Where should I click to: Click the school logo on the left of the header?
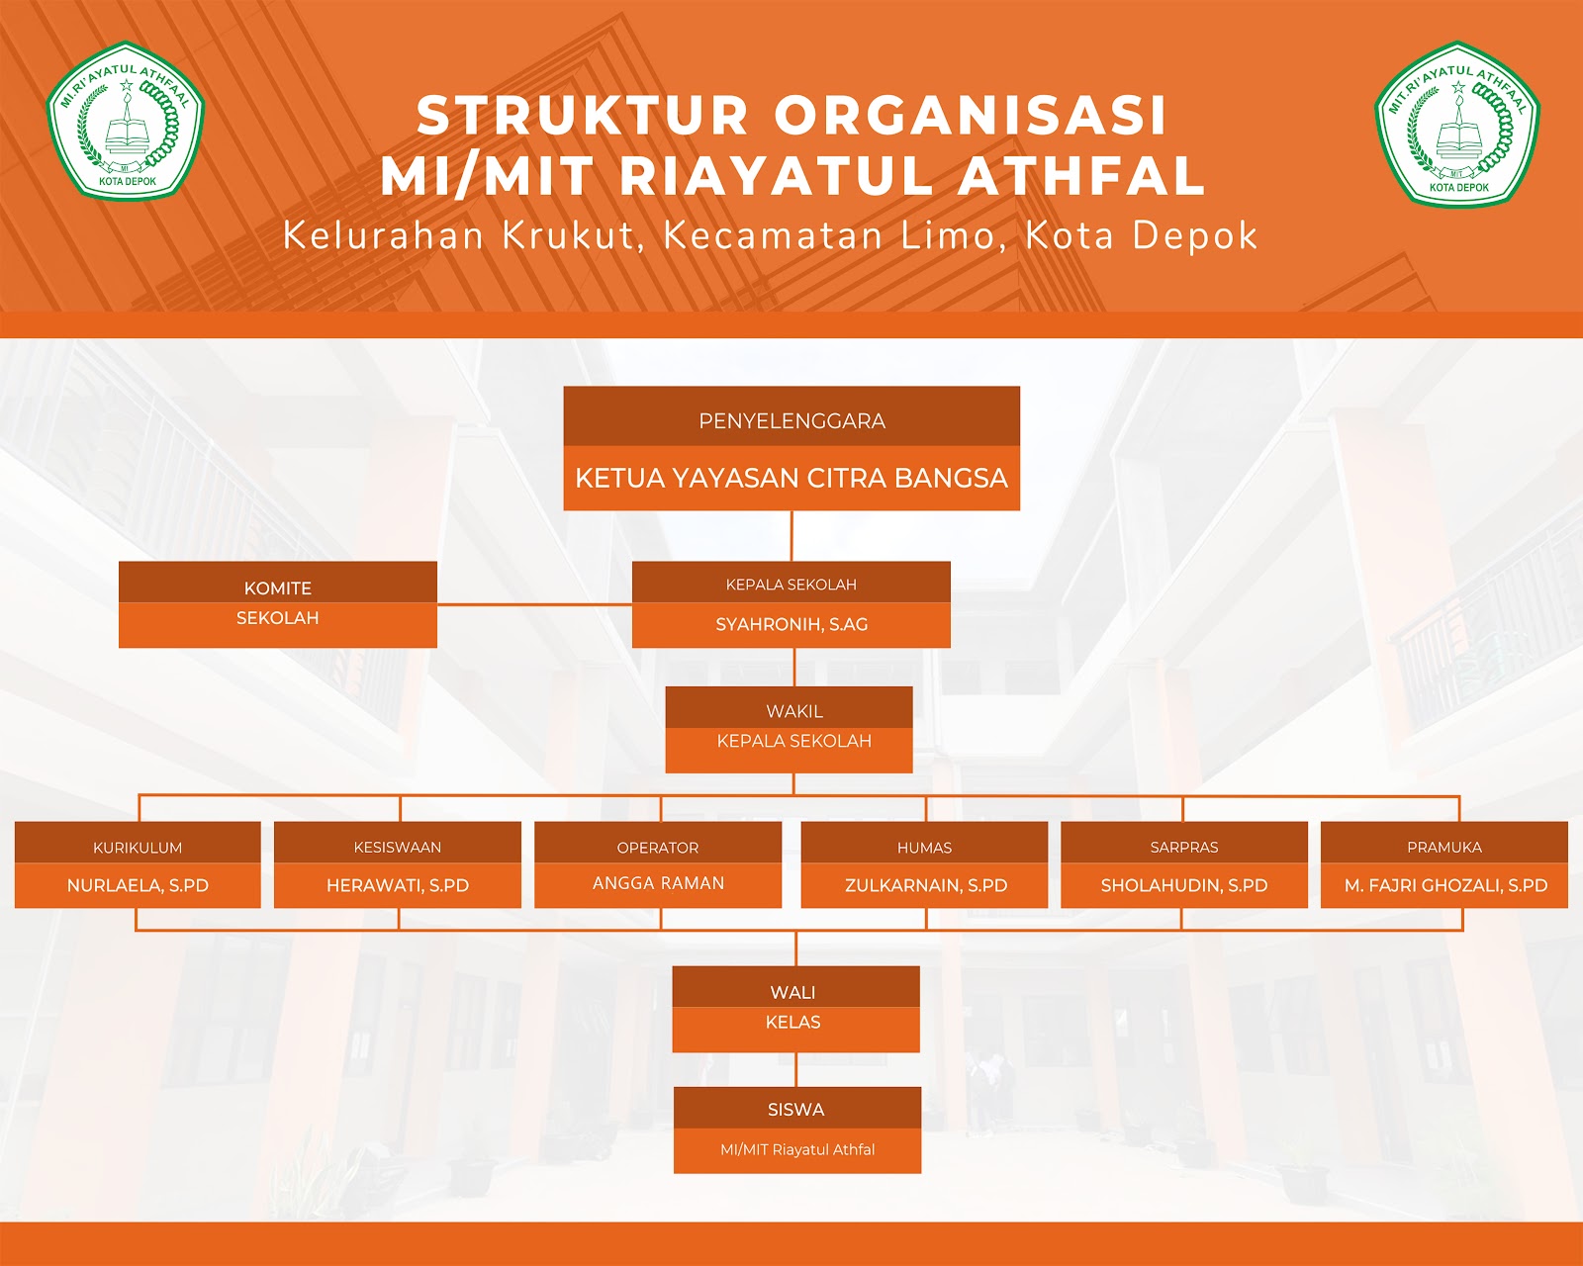click(x=126, y=121)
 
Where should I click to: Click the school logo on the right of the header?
click(x=1457, y=125)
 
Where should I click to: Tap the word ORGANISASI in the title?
click(x=970, y=116)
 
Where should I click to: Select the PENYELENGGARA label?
click(x=791, y=421)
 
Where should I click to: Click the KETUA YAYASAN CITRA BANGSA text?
click(x=791, y=479)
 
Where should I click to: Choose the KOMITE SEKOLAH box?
click(x=278, y=604)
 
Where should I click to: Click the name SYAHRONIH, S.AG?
click(x=791, y=624)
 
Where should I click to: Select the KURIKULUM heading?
click(x=138, y=848)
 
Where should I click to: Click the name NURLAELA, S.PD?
click(x=138, y=885)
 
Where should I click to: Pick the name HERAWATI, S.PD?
click(x=398, y=885)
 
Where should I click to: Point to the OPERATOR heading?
click(x=658, y=848)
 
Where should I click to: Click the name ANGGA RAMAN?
click(x=658, y=883)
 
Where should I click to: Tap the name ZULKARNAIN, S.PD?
click(x=925, y=885)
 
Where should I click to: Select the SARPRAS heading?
click(x=1184, y=848)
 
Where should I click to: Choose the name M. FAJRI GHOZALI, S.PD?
click(x=1444, y=885)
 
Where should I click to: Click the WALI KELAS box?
click(x=795, y=1009)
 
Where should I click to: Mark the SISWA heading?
click(x=796, y=1110)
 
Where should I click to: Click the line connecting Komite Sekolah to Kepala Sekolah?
click(x=534, y=604)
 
